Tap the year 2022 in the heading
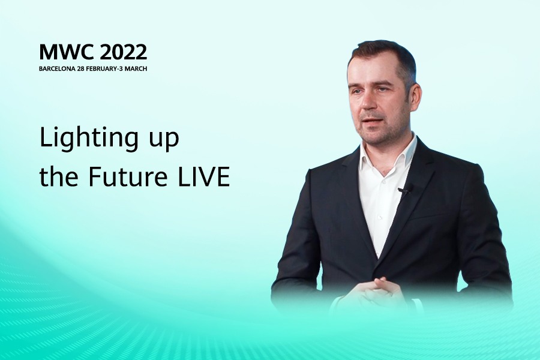click(124, 52)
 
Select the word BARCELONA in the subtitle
click(57, 68)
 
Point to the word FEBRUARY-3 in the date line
click(104, 68)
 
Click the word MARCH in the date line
click(136, 68)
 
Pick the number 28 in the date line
click(80, 68)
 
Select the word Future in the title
click(128, 176)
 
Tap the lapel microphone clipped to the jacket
click(404, 190)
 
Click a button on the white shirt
click(380, 218)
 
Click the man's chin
click(372, 136)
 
